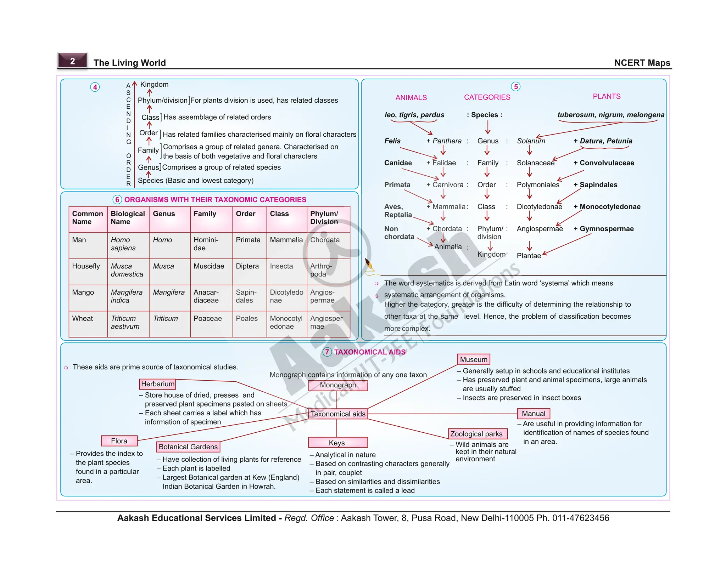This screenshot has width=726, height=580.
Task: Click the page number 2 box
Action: (x=73, y=61)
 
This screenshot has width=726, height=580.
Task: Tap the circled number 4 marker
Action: (x=95, y=87)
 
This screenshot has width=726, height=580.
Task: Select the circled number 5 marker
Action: (x=516, y=87)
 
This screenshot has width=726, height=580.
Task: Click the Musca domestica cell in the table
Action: (x=127, y=270)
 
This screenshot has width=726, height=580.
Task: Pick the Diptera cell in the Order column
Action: (x=247, y=266)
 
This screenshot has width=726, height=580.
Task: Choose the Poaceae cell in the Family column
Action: (x=208, y=318)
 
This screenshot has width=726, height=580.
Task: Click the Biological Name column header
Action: (x=128, y=218)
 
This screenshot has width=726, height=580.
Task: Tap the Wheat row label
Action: (x=83, y=318)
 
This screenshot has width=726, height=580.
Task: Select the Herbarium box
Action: (x=158, y=384)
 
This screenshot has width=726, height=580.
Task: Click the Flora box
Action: (x=119, y=441)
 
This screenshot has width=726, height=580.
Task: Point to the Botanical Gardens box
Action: (x=188, y=447)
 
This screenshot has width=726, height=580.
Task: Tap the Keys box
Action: (x=337, y=443)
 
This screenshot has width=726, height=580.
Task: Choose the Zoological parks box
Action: (x=477, y=434)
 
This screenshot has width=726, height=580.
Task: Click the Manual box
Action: (x=534, y=414)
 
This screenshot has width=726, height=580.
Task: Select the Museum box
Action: (x=474, y=360)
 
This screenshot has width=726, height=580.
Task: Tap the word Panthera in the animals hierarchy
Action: (x=447, y=141)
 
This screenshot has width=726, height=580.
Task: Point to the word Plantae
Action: (x=529, y=256)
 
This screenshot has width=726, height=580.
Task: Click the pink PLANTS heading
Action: (x=607, y=97)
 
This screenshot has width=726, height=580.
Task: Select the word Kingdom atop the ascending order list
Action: (x=155, y=85)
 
